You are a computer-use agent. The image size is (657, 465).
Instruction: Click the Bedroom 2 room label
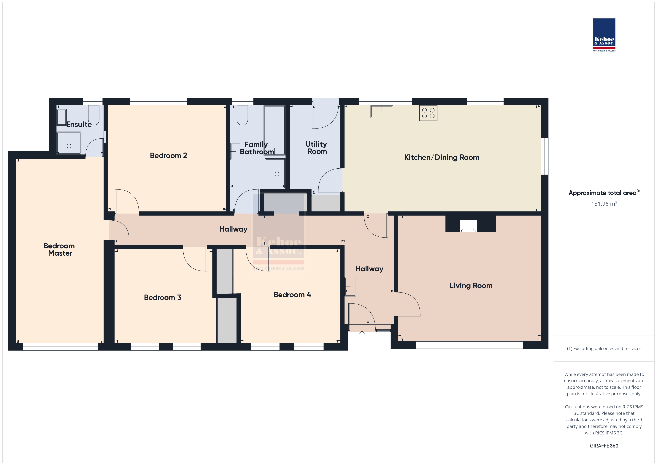168,156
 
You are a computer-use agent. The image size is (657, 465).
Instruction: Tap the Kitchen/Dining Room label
442,157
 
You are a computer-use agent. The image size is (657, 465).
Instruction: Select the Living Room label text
471,285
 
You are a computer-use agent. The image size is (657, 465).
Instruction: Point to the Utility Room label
316,148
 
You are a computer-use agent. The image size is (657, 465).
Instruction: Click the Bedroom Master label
59,249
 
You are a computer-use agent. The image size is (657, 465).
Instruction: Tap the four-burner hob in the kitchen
428,113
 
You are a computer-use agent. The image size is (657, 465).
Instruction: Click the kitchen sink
382,112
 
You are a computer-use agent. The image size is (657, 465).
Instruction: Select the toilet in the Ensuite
93,115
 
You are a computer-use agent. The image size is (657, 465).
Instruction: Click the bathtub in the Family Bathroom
274,130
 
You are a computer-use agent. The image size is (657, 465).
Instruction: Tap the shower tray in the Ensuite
69,143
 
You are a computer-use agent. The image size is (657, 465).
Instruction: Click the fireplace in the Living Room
468,226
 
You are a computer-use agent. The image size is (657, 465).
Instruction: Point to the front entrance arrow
362,334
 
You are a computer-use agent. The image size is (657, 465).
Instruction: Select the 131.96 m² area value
604,204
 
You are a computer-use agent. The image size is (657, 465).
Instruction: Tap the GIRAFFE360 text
604,446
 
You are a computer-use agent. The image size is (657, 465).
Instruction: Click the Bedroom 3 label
163,298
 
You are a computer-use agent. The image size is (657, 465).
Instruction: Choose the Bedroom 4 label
292,295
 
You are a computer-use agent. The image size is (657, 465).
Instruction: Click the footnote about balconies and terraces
604,348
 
